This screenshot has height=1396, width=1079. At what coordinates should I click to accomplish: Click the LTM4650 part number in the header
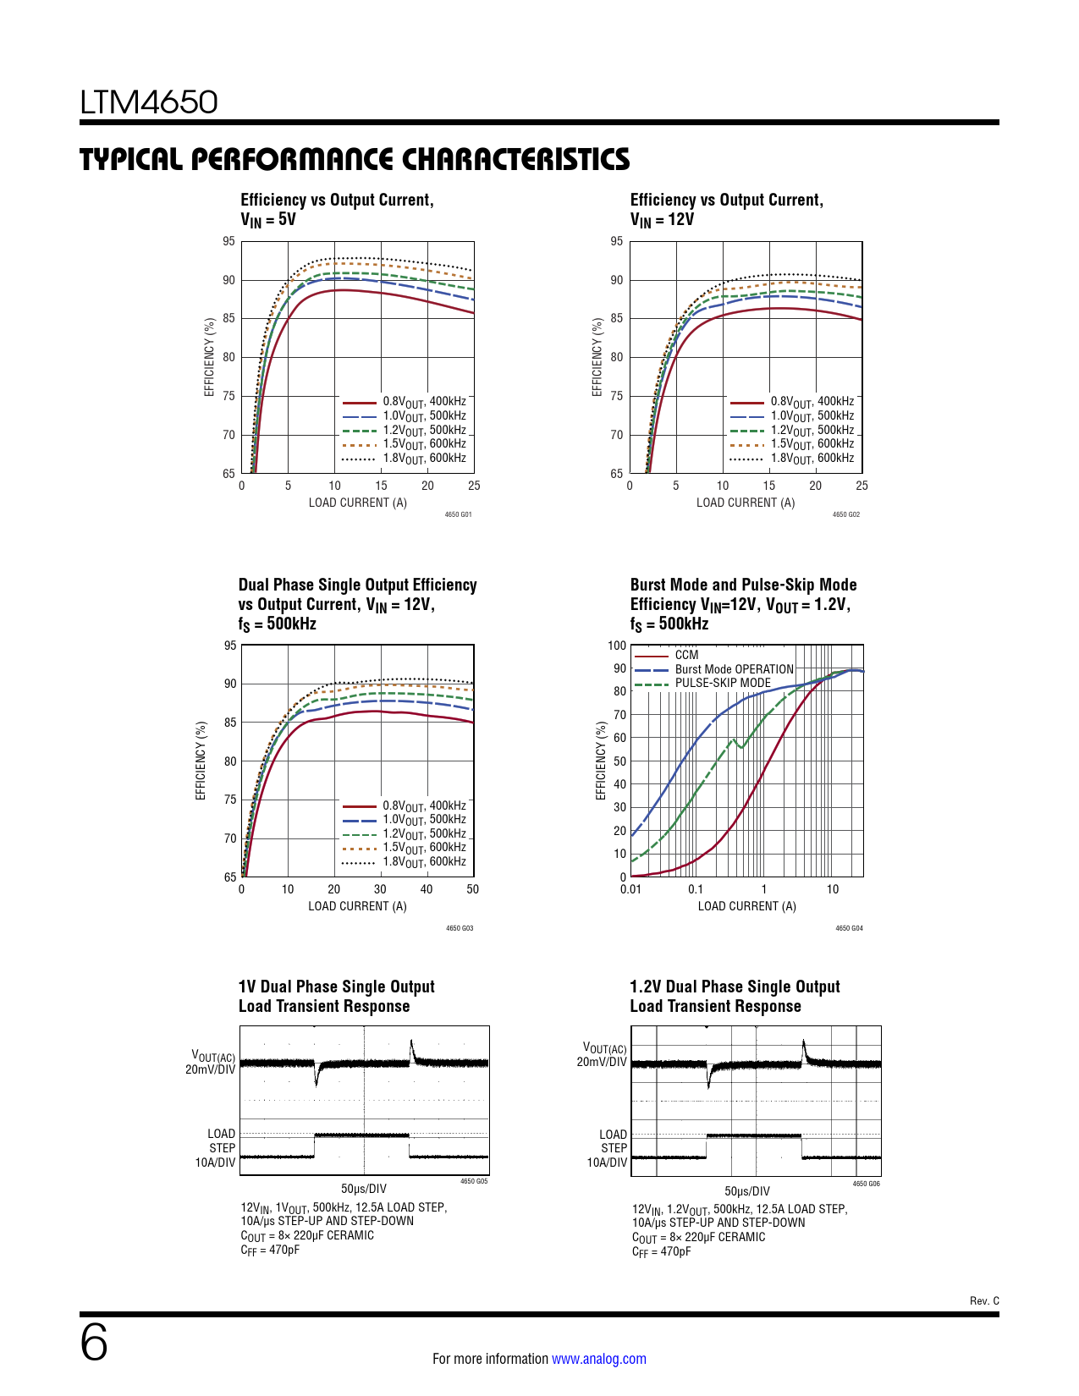point(149,102)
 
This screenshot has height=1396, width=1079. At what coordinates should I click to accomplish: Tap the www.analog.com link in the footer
point(598,1359)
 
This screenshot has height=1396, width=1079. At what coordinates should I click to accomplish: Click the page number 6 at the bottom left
point(94,1344)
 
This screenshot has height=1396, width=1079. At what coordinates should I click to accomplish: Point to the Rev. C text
point(984,1300)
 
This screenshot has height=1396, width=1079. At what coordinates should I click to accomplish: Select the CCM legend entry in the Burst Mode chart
point(686,655)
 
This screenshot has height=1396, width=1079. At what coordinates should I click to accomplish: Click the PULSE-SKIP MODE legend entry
point(723,683)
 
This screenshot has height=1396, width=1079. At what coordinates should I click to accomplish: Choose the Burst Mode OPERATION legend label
point(734,669)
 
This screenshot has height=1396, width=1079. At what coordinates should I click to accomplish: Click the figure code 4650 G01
point(458,514)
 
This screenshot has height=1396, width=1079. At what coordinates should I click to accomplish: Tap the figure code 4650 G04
point(849,928)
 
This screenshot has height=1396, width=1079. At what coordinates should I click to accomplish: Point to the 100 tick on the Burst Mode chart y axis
point(617,646)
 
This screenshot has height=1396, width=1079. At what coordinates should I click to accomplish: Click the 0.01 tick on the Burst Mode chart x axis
point(630,889)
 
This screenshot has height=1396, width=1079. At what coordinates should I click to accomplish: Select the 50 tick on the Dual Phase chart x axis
point(472,889)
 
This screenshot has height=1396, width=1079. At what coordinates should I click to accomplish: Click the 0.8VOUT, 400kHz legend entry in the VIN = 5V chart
point(423,402)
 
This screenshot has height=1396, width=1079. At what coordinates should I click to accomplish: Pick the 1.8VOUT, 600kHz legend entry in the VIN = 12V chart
point(812,459)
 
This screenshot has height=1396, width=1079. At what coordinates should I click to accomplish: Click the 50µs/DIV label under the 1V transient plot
point(364,1189)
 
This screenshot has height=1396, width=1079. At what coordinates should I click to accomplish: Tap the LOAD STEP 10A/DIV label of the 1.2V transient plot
point(612,1148)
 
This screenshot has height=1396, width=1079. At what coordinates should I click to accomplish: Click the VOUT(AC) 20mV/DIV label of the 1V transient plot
point(212,1063)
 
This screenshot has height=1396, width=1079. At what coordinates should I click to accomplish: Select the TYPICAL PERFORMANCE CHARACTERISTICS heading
point(355,159)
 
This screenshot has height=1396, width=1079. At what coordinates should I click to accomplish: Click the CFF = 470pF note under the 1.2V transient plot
point(661,1252)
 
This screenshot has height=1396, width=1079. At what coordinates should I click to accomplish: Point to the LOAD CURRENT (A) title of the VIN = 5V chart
point(357,503)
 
